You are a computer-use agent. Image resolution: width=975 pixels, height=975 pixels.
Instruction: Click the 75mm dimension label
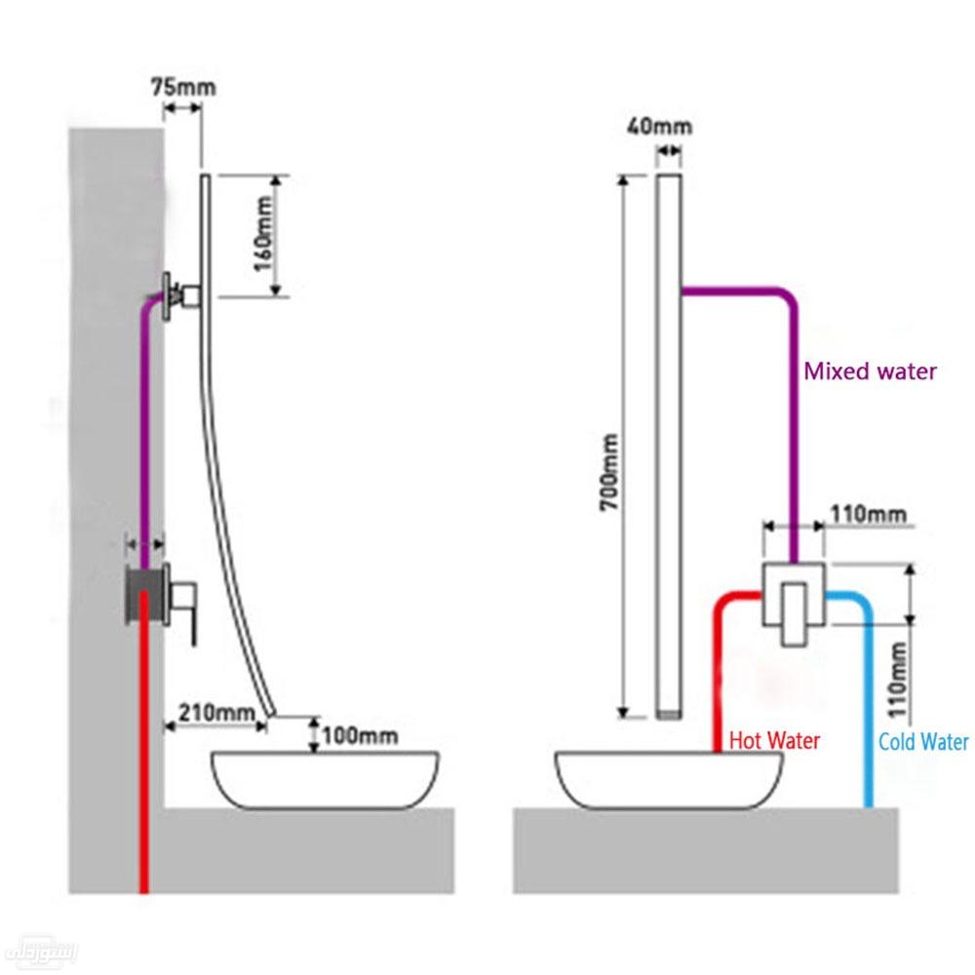click(x=183, y=87)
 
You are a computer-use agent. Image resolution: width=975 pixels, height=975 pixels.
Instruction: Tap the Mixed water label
click(x=870, y=371)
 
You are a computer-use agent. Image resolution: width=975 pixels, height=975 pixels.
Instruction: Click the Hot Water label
click(x=775, y=742)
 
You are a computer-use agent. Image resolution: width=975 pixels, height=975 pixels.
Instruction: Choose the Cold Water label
click(x=922, y=743)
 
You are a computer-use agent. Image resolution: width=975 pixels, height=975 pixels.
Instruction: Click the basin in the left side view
click(x=324, y=779)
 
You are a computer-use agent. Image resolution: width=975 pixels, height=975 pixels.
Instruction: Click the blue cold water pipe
click(x=865, y=702)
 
